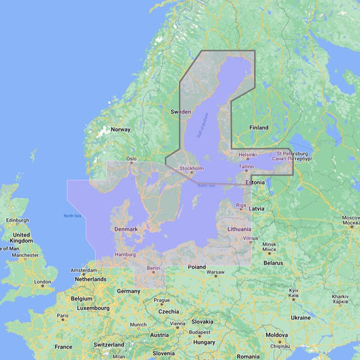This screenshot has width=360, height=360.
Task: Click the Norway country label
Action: point(120,129)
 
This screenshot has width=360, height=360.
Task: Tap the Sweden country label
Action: point(180,111)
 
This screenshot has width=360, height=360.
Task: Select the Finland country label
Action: point(259,128)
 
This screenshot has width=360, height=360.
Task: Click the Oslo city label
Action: point(131,159)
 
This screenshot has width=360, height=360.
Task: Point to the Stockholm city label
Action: point(191,168)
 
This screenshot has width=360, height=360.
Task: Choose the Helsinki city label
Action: point(248,155)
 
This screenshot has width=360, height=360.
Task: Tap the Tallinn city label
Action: point(246,166)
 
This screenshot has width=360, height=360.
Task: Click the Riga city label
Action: point(241,205)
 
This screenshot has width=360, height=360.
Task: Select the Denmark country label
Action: point(126,229)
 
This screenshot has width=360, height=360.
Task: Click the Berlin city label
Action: point(152,267)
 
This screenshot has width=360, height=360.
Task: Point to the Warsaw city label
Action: point(215,273)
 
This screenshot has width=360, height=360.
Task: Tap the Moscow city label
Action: point(351,217)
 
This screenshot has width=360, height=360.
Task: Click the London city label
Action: point(43,282)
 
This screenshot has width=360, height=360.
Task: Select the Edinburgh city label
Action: point(18,220)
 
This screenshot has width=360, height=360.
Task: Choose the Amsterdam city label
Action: point(84,270)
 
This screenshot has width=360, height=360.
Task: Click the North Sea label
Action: point(72,216)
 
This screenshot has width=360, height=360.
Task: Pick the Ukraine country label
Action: point(301,317)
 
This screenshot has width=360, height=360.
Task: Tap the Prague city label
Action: point(161,300)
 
